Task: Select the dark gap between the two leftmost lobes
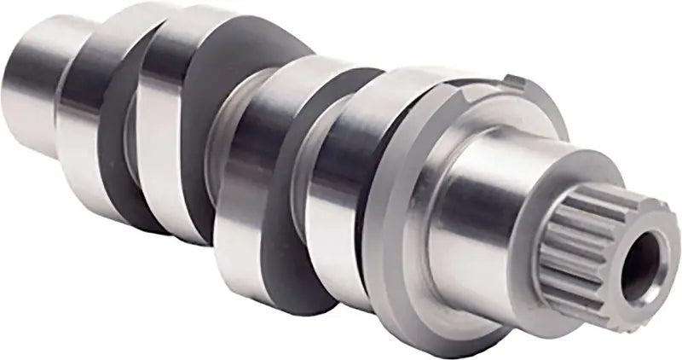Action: click(128, 128)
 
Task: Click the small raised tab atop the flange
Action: click(514, 81)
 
